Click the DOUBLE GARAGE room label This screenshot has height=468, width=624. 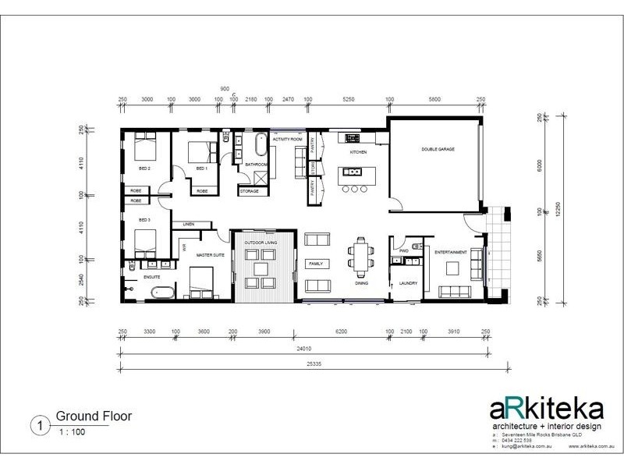pos(438,149)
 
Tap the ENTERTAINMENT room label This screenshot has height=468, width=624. pos(450,252)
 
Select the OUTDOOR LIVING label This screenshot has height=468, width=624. pos(261,243)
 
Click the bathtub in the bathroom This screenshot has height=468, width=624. pos(259,146)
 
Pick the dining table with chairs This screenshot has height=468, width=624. pos(360,257)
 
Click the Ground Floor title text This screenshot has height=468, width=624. pos(88,417)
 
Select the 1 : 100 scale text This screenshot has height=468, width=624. pos(69,431)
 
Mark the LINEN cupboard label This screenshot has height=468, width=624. pos(188,225)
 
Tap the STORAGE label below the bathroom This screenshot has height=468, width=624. pos(250,191)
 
